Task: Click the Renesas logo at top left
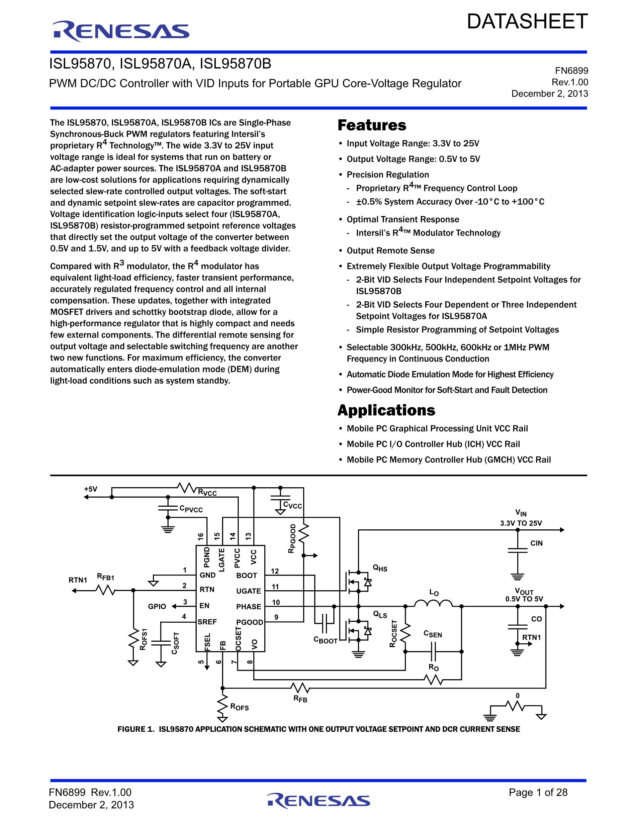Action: (x=121, y=31)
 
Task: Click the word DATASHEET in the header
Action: (x=527, y=21)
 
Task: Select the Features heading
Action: (x=372, y=125)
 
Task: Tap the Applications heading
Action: (x=386, y=410)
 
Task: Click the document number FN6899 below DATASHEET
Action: (x=571, y=71)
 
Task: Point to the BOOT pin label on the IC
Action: (x=247, y=576)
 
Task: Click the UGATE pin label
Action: (x=248, y=591)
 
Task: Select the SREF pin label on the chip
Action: (x=207, y=622)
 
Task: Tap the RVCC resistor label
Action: (x=207, y=492)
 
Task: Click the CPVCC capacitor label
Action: (x=191, y=509)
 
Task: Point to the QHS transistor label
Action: (x=380, y=568)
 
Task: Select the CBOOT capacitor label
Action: (x=325, y=640)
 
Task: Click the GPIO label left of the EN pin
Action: (x=157, y=606)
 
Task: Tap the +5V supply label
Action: (x=91, y=489)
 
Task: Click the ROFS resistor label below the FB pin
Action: (x=240, y=707)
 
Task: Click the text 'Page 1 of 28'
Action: (x=538, y=789)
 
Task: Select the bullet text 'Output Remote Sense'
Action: (x=390, y=250)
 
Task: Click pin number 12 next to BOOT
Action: (x=275, y=571)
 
